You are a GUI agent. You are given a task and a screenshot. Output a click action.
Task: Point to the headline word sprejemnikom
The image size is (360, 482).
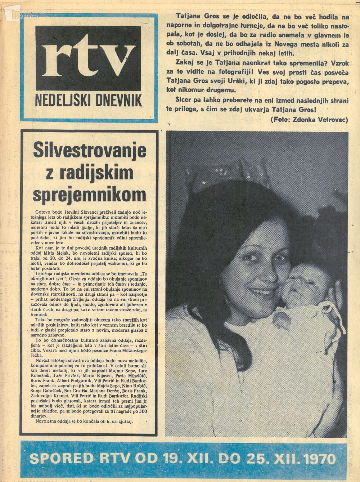coord(90,195)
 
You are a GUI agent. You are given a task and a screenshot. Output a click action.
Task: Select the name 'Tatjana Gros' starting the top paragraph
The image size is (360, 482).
coord(194,16)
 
